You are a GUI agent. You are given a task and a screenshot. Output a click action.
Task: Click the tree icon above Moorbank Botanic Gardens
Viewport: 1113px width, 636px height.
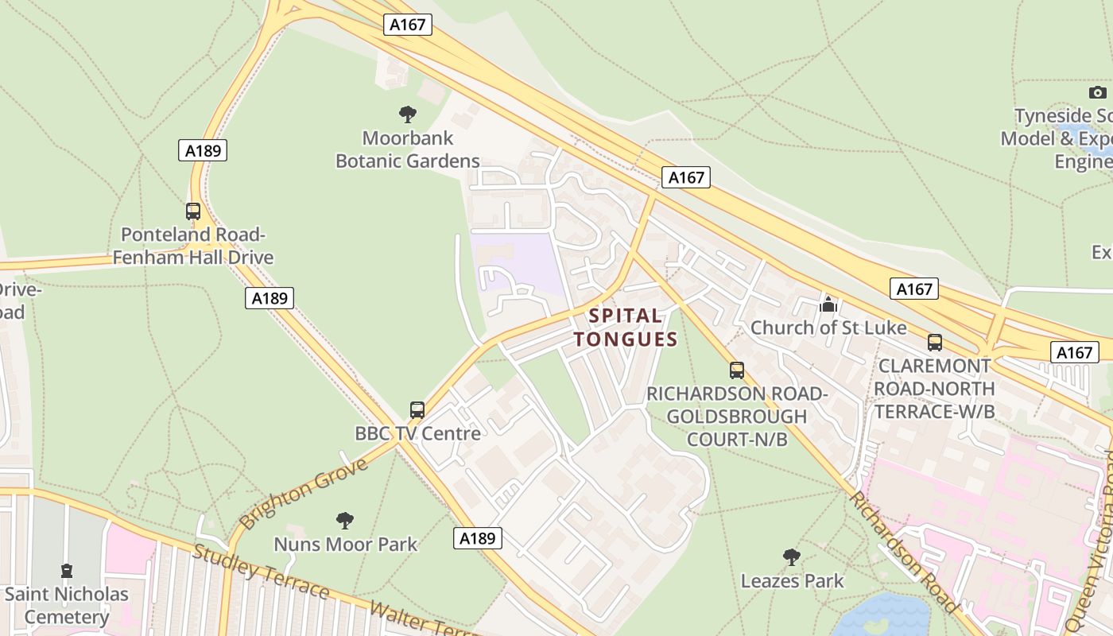[408, 114]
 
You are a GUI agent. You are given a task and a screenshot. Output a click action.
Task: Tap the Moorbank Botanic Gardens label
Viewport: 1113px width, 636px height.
[408, 149]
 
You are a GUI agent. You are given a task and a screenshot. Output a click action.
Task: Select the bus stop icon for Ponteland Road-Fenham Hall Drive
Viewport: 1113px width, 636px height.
[193, 211]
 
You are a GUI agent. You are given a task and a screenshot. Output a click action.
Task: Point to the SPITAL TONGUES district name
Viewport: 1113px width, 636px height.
[626, 328]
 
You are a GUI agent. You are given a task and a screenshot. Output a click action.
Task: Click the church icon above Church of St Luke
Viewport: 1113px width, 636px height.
[828, 304]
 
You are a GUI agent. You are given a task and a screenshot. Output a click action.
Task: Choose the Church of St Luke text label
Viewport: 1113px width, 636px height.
[828, 328]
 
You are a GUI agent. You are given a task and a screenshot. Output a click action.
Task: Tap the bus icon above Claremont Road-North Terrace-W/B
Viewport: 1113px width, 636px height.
[935, 343]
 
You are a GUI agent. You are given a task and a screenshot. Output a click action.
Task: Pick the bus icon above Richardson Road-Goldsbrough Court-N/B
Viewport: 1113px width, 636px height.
[737, 370]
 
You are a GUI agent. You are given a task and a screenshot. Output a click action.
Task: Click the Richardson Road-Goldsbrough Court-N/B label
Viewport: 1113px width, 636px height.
[737, 416]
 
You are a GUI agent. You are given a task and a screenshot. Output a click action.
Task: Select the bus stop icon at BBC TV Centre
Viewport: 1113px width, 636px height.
[417, 410]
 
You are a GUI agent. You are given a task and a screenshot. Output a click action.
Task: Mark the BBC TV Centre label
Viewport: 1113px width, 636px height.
[417, 433]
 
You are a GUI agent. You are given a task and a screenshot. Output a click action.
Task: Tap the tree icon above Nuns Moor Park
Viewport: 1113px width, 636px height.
[345, 521]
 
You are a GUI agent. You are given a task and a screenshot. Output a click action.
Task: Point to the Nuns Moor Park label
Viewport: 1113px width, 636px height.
[345, 545]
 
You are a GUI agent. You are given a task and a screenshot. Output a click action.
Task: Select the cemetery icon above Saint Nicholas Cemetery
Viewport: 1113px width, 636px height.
[67, 571]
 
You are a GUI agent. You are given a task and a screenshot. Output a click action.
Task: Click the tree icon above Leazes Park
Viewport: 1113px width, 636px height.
[792, 557]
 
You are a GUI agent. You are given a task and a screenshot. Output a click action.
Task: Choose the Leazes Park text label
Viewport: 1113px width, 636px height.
[792, 581]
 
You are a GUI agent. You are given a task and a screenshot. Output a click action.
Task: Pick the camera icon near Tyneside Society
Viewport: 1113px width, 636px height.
[1098, 93]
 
